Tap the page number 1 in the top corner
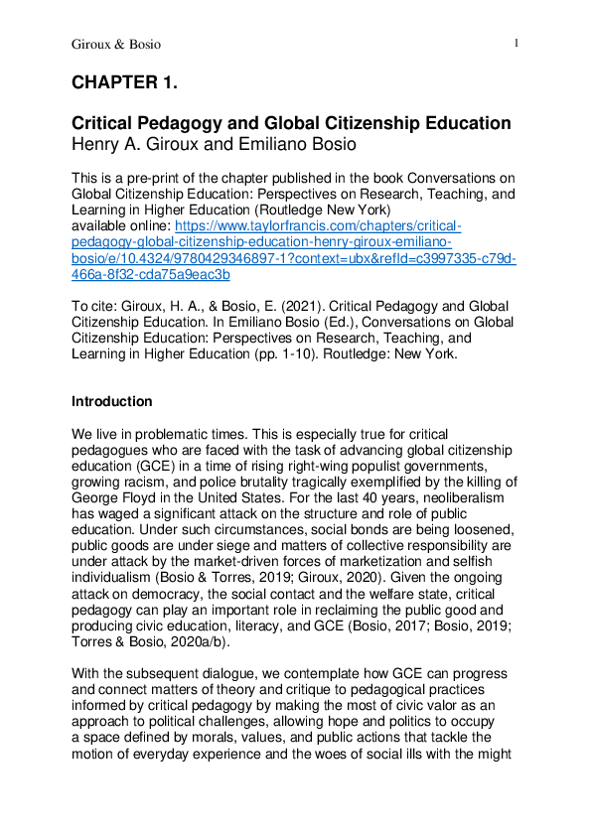pyautogui.click(x=517, y=44)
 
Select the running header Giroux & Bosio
pyautogui.click(x=115, y=45)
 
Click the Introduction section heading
pyautogui.click(x=112, y=402)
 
